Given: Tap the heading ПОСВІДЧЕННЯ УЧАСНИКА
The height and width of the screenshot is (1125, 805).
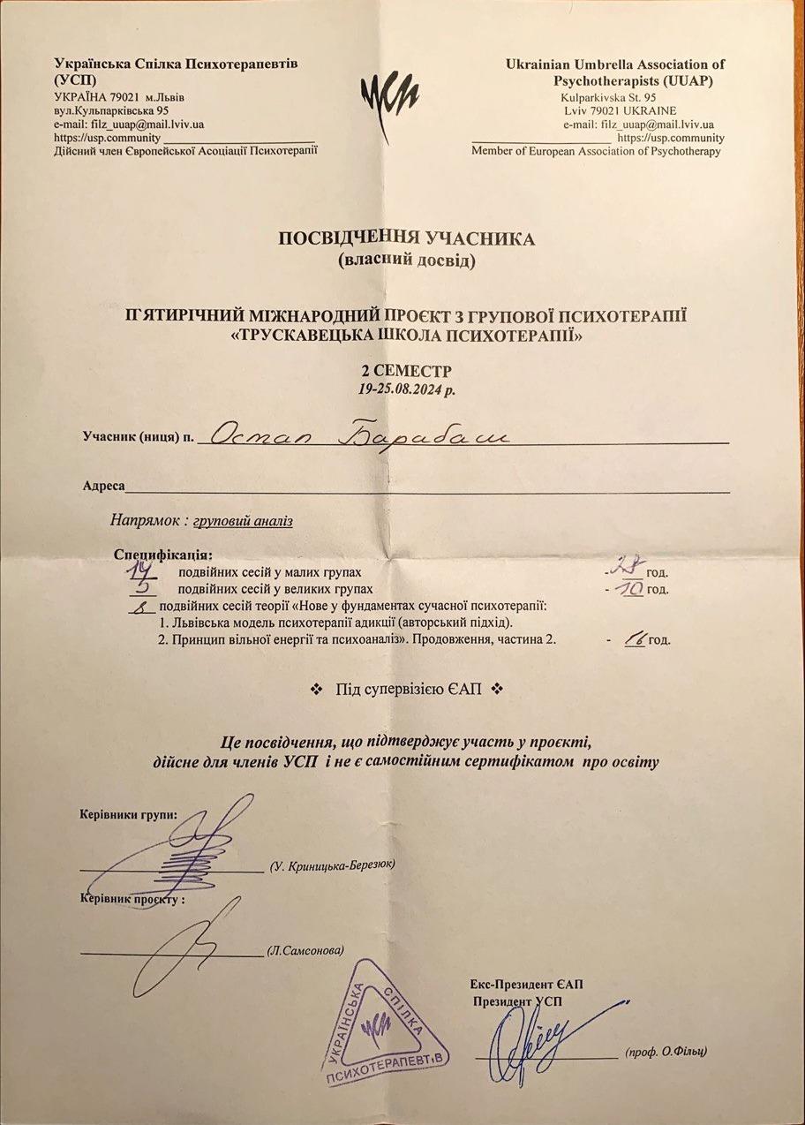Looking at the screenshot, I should [406, 239].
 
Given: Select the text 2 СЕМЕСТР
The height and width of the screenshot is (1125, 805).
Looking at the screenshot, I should [407, 371].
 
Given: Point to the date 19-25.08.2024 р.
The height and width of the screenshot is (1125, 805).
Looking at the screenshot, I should [407, 388].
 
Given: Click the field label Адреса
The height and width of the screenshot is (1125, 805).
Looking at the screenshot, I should [104, 486].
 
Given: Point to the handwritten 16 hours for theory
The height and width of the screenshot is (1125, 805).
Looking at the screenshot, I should [633, 639].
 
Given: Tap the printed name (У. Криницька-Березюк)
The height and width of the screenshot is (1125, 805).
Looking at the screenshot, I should [332, 866].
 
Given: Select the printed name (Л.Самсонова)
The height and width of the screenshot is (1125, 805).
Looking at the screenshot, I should [305, 951].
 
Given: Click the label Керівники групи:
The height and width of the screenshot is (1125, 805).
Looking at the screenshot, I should [128, 814].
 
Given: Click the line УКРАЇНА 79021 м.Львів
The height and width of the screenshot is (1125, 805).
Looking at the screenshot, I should [119, 97].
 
